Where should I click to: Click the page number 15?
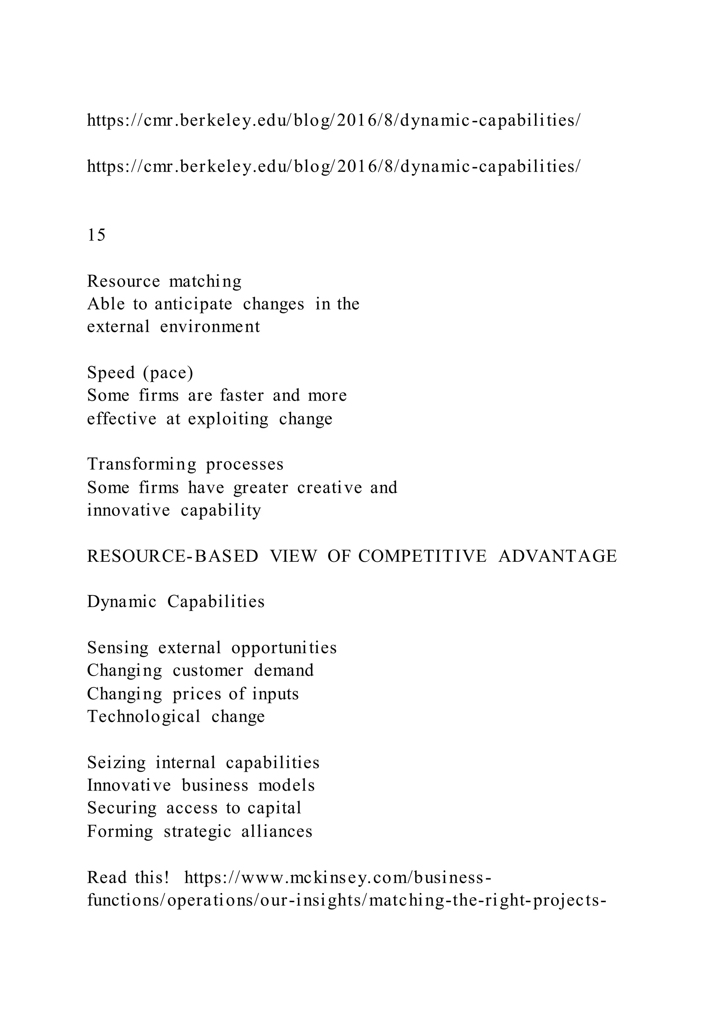tap(96, 235)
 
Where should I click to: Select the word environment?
tap(210, 327)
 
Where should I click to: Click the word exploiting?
tap(228, 418)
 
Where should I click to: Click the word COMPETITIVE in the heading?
tap(422, 556)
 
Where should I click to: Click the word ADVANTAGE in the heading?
tap(557, 556)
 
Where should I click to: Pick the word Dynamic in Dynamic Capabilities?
tap(122, 602)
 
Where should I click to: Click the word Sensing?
tap(117, 648)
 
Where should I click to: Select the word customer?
tap(208, 670)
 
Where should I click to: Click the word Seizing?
tap(116, 763)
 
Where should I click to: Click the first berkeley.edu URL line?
tap(334, 120)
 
